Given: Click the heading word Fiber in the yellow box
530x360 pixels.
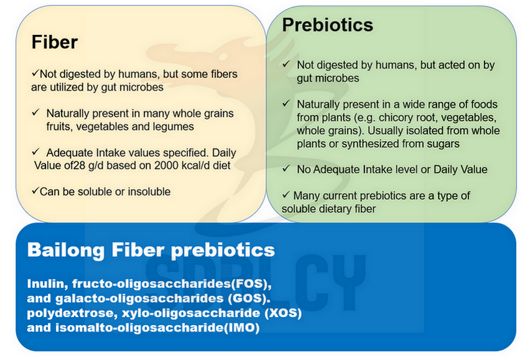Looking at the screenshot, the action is click(x=54, y=42).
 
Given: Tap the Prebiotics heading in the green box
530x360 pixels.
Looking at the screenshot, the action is click(x=328, y=25).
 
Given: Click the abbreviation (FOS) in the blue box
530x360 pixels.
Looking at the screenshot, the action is click(x=251, y=284).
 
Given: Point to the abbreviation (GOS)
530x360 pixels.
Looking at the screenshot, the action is click(x=249, y=298).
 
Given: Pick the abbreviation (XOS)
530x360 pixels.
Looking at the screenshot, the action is click(x=282, y=313).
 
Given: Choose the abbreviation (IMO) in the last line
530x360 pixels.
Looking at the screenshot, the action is click(x=242, y=328).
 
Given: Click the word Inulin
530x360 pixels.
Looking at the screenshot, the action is click(x=47, y=284).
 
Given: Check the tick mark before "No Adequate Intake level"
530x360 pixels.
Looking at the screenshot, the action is click(x=286, y=168).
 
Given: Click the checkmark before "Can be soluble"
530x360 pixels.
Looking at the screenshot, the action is click(x=35, y=191).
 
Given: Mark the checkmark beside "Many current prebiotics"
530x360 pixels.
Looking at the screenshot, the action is click(x=286, y=194).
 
